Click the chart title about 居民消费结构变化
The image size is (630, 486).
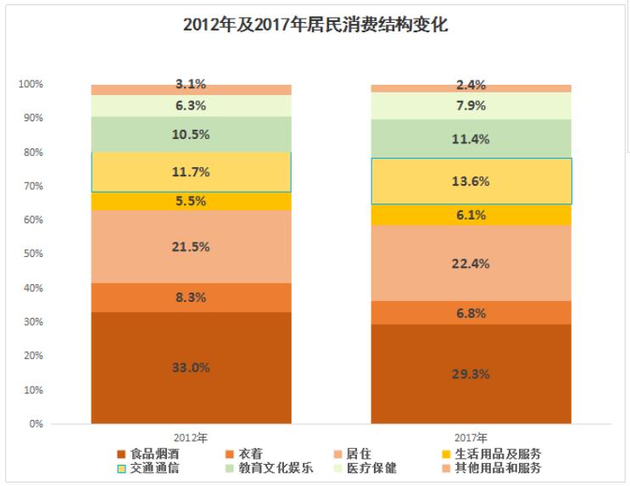315,25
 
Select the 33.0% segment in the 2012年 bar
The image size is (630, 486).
192,367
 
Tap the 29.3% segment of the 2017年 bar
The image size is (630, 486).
471,373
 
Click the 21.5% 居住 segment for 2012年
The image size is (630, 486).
192,246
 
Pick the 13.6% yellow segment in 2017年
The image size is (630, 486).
471,181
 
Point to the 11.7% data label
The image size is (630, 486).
192,171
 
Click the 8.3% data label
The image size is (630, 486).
192,297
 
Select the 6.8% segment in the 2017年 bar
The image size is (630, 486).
471,312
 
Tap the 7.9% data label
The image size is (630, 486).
471,105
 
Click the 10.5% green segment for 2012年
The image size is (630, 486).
192,134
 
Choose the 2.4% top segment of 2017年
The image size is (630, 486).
471,85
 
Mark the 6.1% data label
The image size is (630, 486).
471,215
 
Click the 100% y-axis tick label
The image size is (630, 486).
31,84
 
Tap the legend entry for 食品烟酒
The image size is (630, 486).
153,454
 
